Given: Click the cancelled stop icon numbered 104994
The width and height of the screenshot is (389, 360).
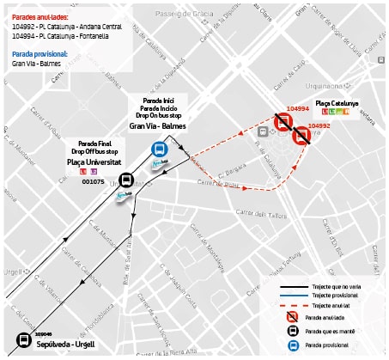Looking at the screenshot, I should pyautogui.click(x=283, y=122).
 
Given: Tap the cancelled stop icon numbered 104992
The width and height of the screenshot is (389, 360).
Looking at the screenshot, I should pyautogui.click(x=301, y=136).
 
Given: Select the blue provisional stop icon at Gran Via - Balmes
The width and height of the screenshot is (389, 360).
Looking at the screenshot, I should pyautogui.click(x=159, y=146).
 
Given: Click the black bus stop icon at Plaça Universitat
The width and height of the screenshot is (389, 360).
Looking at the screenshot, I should pyautogui.click(x=126, y=180).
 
